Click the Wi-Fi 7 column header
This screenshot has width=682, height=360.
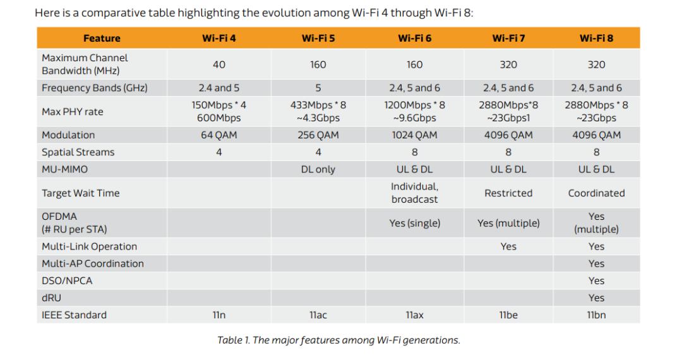[x=508, y=38]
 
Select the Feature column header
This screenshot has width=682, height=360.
[x=102, y=38]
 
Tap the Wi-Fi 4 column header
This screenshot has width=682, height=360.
[x=219, y=38]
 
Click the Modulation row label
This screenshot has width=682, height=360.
[x=68, y=135]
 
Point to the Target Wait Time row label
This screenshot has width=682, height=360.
[x=80, y=193]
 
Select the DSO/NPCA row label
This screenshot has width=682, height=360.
[x=67, y=280]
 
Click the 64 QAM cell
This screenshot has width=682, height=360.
[x=219, y=135]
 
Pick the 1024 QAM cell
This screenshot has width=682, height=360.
[x=414, y=135]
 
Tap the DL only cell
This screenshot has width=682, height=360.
[x=318, y=169]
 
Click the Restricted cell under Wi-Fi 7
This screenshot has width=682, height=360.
[x=508, y=193]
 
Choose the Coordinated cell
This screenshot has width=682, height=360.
[x=596, y=193]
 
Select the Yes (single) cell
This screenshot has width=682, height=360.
[x=414, y=223]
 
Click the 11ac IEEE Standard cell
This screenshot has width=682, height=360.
[x=318, y=315]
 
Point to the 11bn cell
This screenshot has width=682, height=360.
[x=596, y=315]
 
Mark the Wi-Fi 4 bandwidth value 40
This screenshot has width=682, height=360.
[x=219, y=64]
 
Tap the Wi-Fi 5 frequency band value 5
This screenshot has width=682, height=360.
[x=318, y=88]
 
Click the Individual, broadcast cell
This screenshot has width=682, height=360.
[x=414, y=193]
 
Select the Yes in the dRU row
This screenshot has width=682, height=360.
[x=596, y=297]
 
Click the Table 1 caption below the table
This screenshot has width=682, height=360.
[x=338, y=340]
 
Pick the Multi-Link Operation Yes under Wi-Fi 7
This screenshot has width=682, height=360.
[x=508, y=246]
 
